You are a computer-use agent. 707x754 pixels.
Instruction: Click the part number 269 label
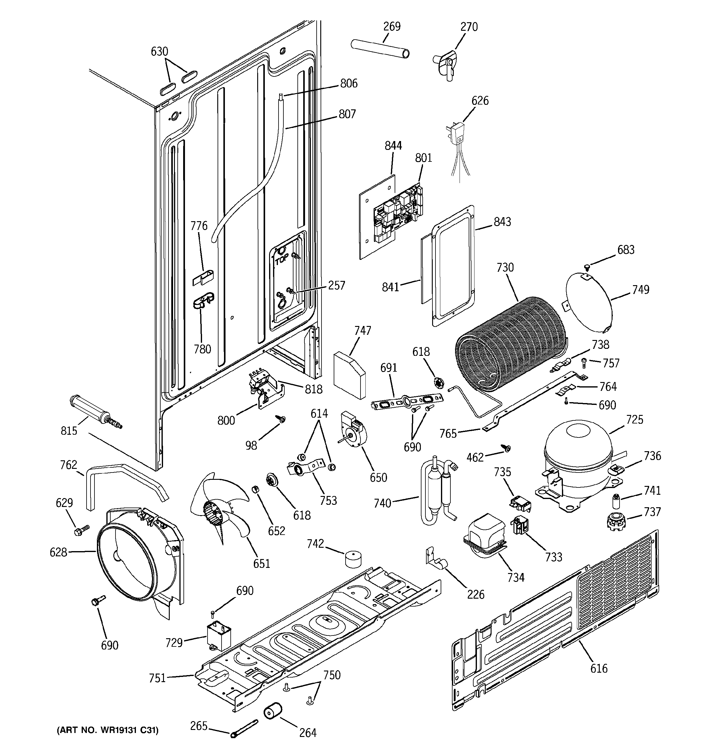click(x=392, y=26)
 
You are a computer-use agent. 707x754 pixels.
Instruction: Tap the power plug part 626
click(x=458, y=131)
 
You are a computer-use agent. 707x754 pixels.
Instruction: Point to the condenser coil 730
click(x=510, y=345)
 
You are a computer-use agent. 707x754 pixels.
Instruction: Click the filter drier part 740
click(x=436, y=489)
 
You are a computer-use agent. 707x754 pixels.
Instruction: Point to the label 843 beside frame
click(x=502, y=221)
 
